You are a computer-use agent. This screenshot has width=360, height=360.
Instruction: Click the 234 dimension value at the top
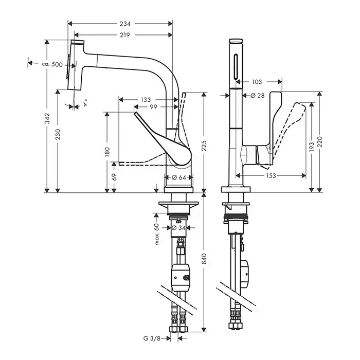click(x=125, y=24)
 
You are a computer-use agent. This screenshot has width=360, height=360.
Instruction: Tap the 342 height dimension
click(x=47, y=119)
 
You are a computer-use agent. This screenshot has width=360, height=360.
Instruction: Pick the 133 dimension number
click(x=146, y=99)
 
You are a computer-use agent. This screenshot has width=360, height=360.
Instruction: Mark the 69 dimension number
click(x=114, y=176)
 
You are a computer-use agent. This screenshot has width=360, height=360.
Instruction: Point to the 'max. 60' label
click(x=155, y=235)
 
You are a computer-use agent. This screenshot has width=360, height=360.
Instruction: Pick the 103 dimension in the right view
click(x=257, y=82)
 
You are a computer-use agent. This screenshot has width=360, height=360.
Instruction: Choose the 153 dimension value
click(x=271, y=175)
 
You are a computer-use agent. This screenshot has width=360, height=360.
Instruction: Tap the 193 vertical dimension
click(x=310, y=147)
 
